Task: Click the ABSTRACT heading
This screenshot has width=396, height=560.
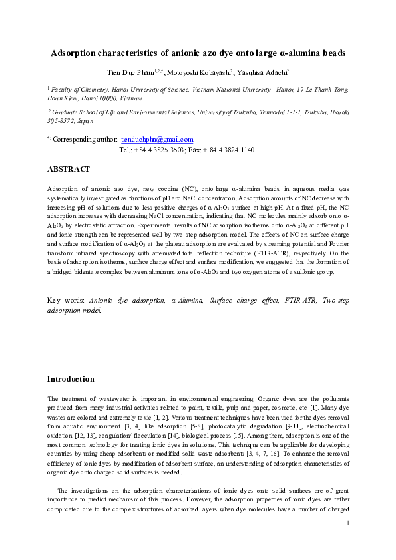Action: point(69,169)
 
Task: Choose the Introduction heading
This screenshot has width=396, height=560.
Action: point(70,379)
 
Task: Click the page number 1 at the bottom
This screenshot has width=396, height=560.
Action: point(347,524)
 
